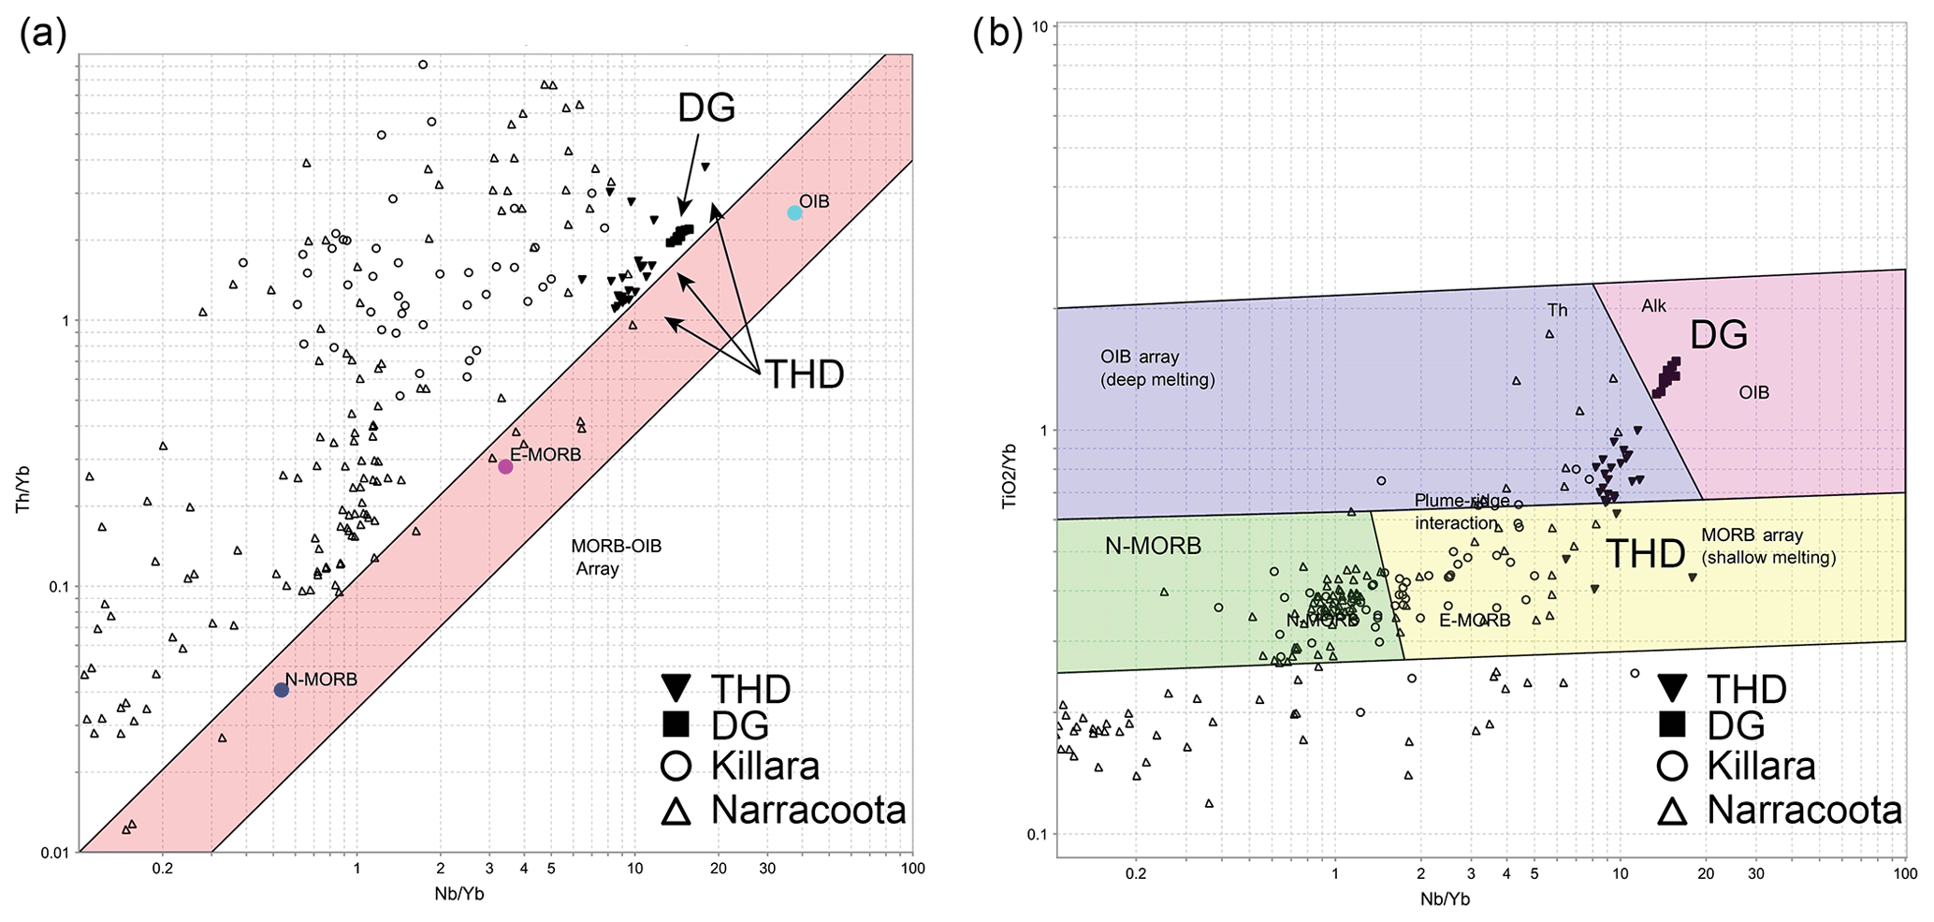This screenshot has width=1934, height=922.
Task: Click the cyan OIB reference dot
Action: pyautogui.click(x=794, y=212)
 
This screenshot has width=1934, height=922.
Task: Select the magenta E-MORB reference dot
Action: pyautogui.click(x=505, y=466)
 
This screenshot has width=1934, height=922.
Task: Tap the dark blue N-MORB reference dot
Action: pyautogui.click(x=281, y=690)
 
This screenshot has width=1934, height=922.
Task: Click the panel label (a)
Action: pyautogui.click(x=43, y=35)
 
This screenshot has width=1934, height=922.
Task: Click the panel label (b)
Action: pyautogui.click(x=997, y=35)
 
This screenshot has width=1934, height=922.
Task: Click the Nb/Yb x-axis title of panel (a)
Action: pyautogui.click(x=459, y=894)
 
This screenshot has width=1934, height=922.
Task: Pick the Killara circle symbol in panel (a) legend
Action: pyautogui.click(x=676, y=767)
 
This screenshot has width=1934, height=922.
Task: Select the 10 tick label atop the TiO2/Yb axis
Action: pyautogui.click(x=1038, y=25)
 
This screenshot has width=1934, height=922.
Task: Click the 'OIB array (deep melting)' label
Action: pyautogui.click(x=1156, y=368)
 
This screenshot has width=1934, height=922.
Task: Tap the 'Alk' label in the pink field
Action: pyautogui.click(x=1653, y=306)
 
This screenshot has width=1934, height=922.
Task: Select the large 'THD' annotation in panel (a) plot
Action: pyautogui.click(x=805, y=374)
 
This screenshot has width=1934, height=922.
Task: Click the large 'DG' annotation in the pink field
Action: pyautogui.click(x=1719, y=334)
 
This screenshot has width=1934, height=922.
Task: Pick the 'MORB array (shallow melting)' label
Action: pyautogui.click(x=1767, y=546)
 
